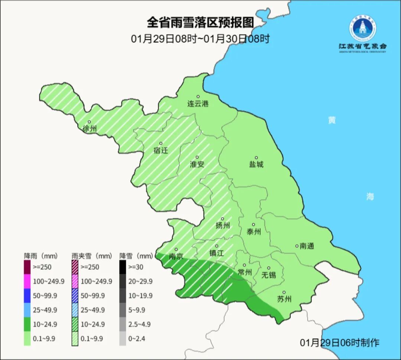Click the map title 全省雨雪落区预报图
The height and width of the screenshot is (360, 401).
(200, 23)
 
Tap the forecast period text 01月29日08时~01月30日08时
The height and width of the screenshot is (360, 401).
(200, 39)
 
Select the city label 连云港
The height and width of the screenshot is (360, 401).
(198, 104)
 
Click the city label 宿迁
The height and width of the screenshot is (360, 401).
(161, 150)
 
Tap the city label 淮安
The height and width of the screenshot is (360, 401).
(197, 164)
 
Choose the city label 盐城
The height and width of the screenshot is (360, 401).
(256, 164)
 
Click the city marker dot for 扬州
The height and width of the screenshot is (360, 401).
(222, 219)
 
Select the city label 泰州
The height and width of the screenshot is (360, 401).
(254, 232)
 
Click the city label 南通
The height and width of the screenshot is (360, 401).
(307, 246)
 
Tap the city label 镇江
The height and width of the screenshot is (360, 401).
(216, 253)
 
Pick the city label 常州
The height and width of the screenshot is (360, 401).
(245, 272)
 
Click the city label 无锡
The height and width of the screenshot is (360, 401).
(268, 275)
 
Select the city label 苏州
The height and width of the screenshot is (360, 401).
(284, 299)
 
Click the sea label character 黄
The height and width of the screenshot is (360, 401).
(332, 120)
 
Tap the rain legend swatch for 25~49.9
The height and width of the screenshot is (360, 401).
(27, 310)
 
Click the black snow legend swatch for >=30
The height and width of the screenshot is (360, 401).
(123, 267)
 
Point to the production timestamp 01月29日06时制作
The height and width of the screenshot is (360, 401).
(340, 343)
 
